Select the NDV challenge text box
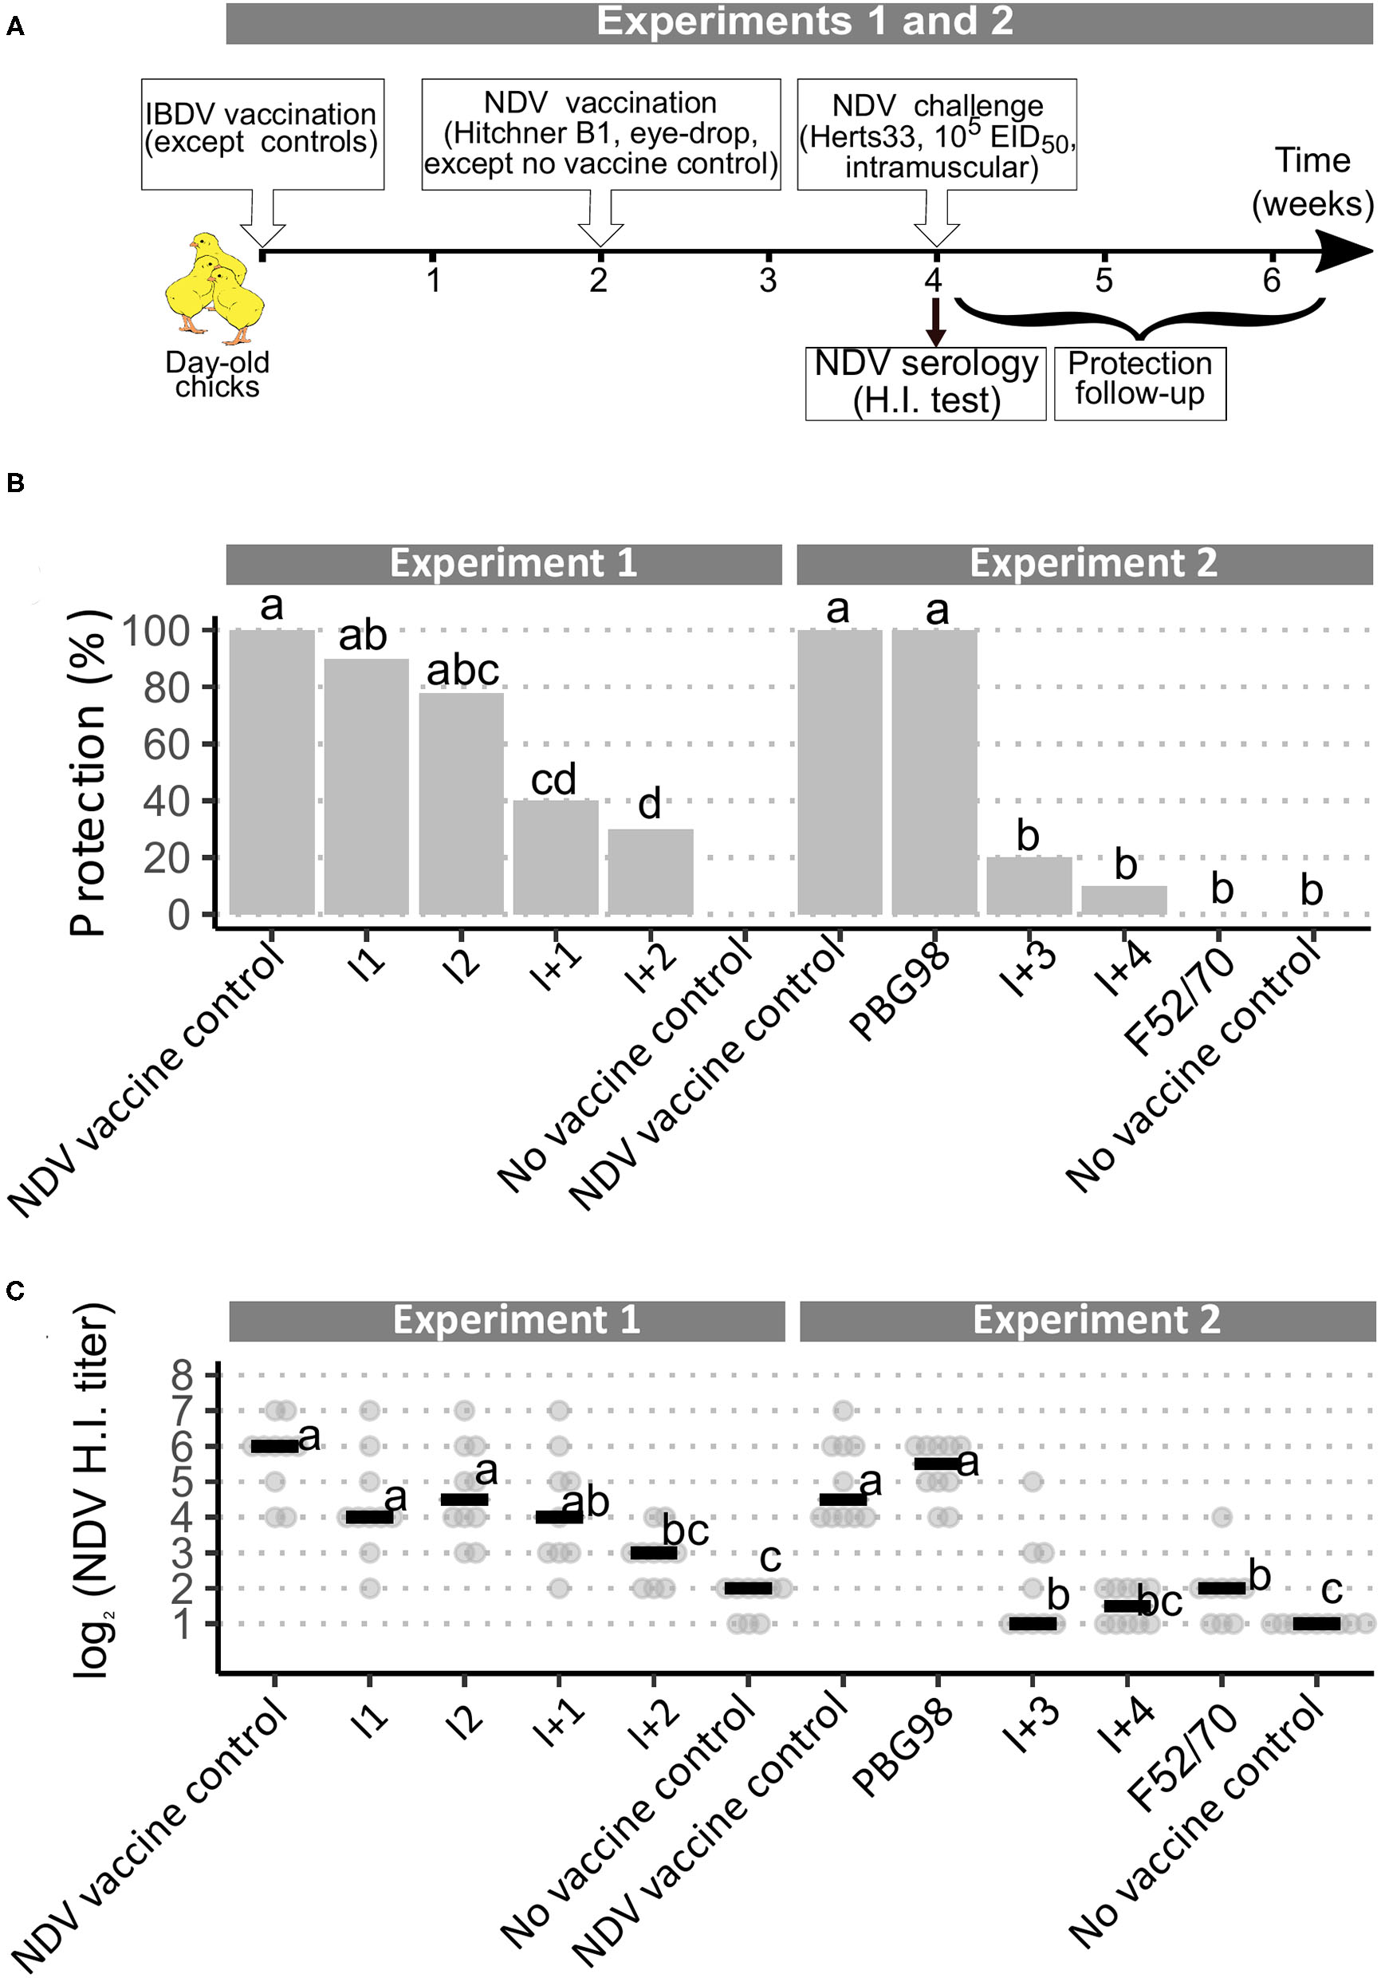point(936,135)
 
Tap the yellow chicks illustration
point(214,283)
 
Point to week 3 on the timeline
point(768,279)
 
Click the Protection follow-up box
point(1139,383)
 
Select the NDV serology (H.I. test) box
point(925,384)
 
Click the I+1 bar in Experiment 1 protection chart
point(556,857)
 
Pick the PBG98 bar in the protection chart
point(934,771)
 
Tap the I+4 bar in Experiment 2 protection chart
point(1123,900)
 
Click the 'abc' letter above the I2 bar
point(462,670)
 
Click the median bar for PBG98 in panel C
point(934,1464)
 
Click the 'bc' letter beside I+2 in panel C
point(686,1531)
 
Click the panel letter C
point(15,1290)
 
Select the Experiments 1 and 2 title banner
point(799,22)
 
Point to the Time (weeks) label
point(1312,182)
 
